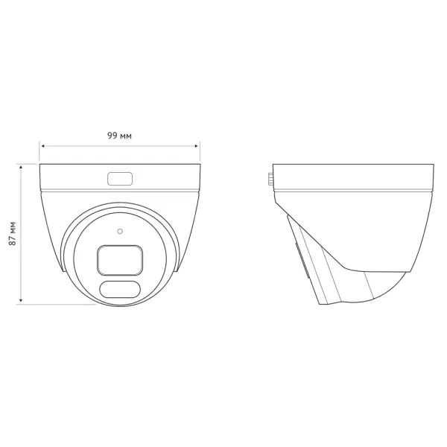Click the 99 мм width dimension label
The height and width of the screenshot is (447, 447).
point(119,136)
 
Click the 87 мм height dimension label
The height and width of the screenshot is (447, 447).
point(12,233)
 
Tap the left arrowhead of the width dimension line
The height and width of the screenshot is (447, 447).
point(43,146)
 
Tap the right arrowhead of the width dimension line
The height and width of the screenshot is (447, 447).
point(196,146)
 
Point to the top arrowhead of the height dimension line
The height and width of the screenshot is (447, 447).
point(21,168)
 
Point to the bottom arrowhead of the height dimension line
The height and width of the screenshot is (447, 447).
point(21,300)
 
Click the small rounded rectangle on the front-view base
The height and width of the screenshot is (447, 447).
point(120,179)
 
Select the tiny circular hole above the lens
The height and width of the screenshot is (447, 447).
point(120,231)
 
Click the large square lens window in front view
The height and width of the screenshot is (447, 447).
point(120,260)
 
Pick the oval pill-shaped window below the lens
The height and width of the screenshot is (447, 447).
point(120,289)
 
